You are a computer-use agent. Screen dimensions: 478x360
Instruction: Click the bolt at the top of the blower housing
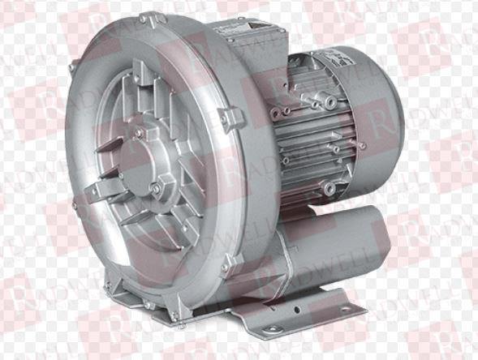pyautogui.click(x=143, y=19)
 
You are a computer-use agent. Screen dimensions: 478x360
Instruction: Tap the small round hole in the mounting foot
pyautogui.click(x=297, y=310)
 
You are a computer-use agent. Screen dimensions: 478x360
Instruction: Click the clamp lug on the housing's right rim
pyautogui.click(x=231, y=118)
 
